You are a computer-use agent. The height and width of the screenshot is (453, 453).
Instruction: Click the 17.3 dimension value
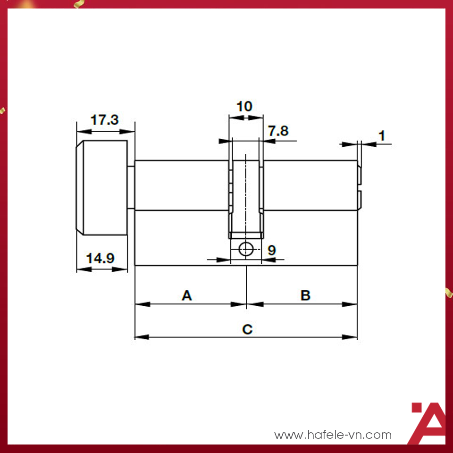tap(104, 120)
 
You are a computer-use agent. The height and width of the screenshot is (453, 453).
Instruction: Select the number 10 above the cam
tap(244, 106)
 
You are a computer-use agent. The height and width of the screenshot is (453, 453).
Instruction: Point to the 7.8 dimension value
tap(278, 131)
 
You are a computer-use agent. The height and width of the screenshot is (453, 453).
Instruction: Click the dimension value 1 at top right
tap(382, 136)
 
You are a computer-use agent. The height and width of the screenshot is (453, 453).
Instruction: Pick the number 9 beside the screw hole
tap(272, 250)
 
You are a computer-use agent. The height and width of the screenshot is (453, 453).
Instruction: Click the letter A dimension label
tap(187, 295)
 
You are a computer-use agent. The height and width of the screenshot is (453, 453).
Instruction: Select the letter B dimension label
tap(305, 295)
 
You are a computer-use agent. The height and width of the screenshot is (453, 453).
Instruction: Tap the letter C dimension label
tap(247, 329)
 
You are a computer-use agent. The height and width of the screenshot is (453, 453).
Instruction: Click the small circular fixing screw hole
tap(246, 249)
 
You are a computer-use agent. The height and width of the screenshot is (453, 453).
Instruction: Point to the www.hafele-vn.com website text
tap(333, 435)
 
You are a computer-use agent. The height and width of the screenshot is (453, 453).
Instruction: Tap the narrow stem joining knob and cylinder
tap(131, 188)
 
